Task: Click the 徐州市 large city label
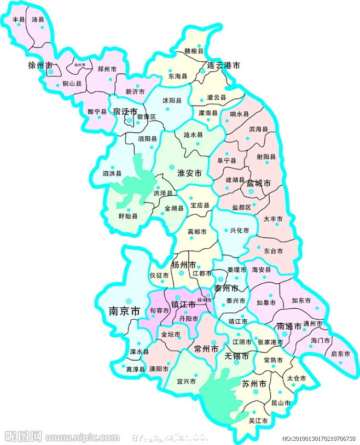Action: pyautogui.click(x=40, y=66)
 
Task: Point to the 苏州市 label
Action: pyautogui.click(x=254, y=384)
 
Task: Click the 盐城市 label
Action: pyautogui.click(x=259, y=184)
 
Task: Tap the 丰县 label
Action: pyautogui.click(x=19, y=20)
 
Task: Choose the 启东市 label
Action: pyautogui.click(x=340, y=354)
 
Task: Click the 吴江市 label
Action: pyautogui.click(x=258, y=420)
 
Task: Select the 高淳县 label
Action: pyautogui.click(x=135, y=370)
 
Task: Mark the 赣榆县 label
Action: pyautogui.click(x=194, y=51)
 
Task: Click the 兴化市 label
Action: pyautogui.click(x=239, y=231)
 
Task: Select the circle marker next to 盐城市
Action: pyautogui.click(x=251, y=192)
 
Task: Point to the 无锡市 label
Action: pyautogui.click(x=237, y=356)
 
